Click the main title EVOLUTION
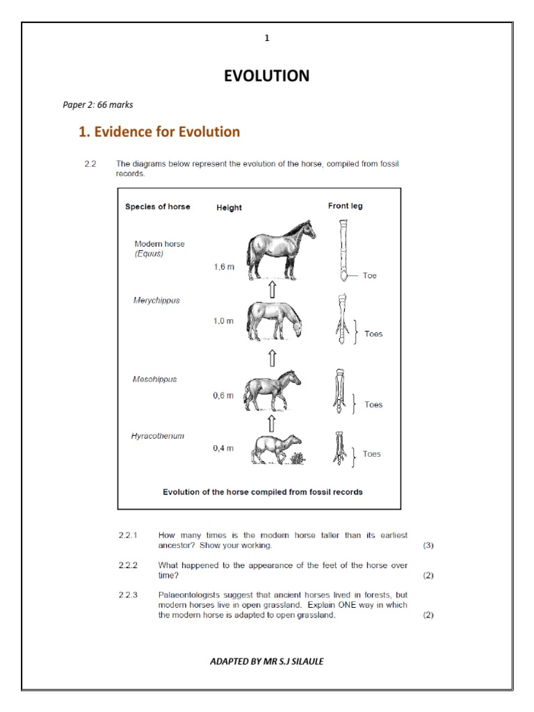(266, 76)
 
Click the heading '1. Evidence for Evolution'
(159, 131)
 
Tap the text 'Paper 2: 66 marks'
(98, 105)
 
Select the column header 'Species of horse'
(157, 207)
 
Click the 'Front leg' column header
(345, 206)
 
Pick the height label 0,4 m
(223, 448)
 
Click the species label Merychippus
(156, 300)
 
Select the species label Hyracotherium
(158, 436)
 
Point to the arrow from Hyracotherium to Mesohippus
(272, 423)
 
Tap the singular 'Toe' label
(369, 276)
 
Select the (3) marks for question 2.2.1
(428, 545)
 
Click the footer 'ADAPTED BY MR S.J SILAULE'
(266, 661)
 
